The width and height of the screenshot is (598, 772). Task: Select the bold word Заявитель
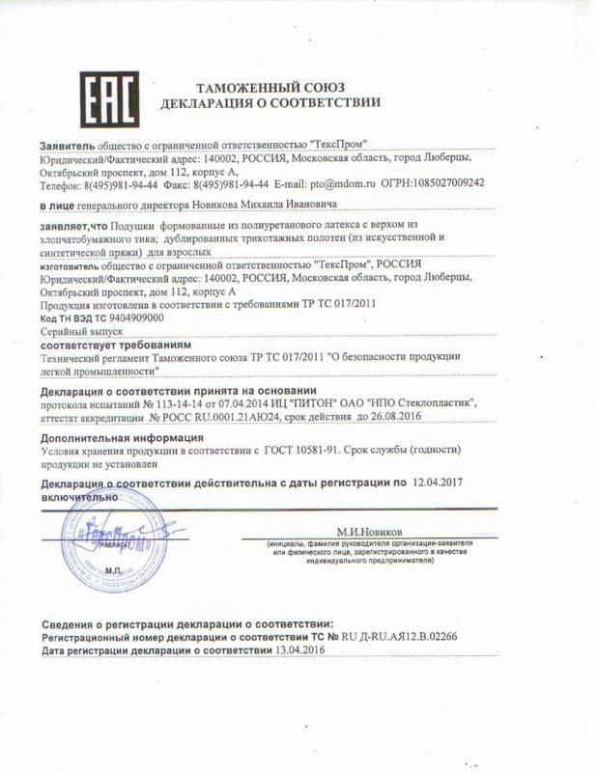tap(66, 144)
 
